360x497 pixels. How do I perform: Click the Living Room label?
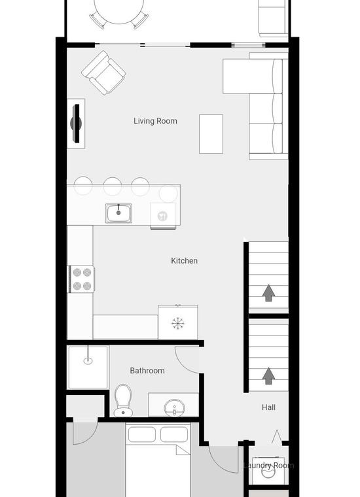(x=155, y=121)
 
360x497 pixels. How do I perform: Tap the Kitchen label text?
(x=185, y=260)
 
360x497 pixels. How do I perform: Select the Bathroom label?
(x=147, y=371)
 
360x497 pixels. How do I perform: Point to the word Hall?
(x=268, y=407)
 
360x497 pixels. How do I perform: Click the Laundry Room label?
(x=268, y=466)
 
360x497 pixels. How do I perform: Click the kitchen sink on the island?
(x=118, y=213)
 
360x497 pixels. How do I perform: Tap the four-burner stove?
(x=82, y=279)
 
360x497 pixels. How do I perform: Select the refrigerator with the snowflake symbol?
(x=178, y=322)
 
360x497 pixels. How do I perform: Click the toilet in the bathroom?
(x=124, y=401)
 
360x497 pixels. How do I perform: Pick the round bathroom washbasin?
(x=175, y=408)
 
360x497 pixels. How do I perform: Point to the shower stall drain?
(x=88, y=361)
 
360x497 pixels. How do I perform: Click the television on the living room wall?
(x=76, y=124)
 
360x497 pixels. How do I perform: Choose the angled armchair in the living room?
(x=103, y=73)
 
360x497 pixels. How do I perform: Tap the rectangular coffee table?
(x=211, y=134)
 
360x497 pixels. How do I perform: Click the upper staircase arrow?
(x=268, y=293)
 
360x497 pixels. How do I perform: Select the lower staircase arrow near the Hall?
(x=268, y=376)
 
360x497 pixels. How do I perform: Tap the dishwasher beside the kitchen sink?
(x=163, y=216)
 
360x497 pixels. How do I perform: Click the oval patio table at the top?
(x=119, y=11)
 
